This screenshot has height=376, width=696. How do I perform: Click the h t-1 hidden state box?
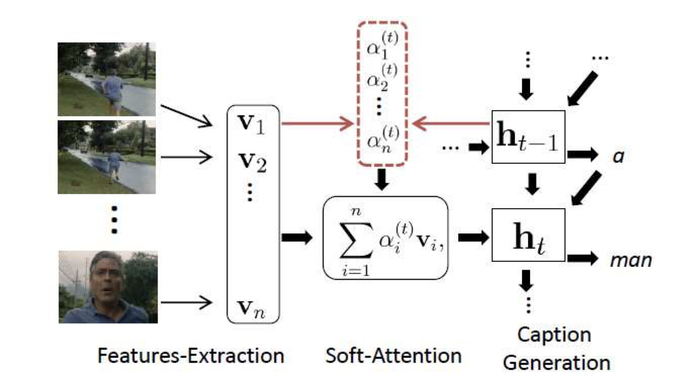(x=528, y=137)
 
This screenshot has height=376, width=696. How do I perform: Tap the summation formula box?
(x=385, y=238)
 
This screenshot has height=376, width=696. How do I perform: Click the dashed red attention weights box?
(x=382, y=93)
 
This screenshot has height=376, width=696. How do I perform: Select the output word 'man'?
(x=629, y=260)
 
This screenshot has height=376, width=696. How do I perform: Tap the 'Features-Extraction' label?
(x=190, y=355)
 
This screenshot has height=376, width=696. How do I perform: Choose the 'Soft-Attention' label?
(x=394, y=355)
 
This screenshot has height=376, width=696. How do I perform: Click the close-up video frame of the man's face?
(x=108, y=287)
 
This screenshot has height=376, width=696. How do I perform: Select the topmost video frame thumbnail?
(x=107, y=79)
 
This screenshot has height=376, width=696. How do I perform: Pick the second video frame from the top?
(x=107, y=157)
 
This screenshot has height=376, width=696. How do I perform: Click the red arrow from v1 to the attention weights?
(x=318, y=122)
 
